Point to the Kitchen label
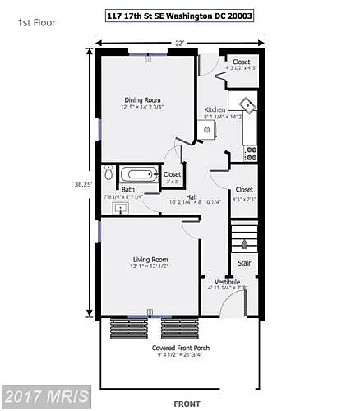[215, 109]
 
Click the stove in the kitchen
[252, 152]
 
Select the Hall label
[191, 196]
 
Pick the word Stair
[244, 264]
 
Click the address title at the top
[180, 15]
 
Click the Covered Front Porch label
[181, 348]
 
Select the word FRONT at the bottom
[187, 403]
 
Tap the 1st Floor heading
[36, 22]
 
